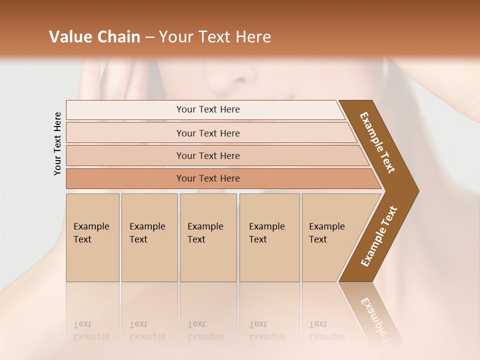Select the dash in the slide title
click(x=149, y=37)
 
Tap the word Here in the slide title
click(x=253, y=37)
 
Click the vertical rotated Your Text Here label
click(x=57, y=144)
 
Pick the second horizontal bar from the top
click(x=207, y=133)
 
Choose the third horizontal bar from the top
click(x=207, y=155)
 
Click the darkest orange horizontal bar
click(x=207, y=178)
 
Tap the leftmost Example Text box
click(x=92, y=237)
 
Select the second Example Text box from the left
click(x=149, y=237)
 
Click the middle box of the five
click(x=208, y=237)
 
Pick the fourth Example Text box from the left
click(x=269, y=237)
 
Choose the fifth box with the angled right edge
click(x=330, y=237)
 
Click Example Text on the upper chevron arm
click(x=377, y=142)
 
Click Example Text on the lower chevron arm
click(x=378, y=236)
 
